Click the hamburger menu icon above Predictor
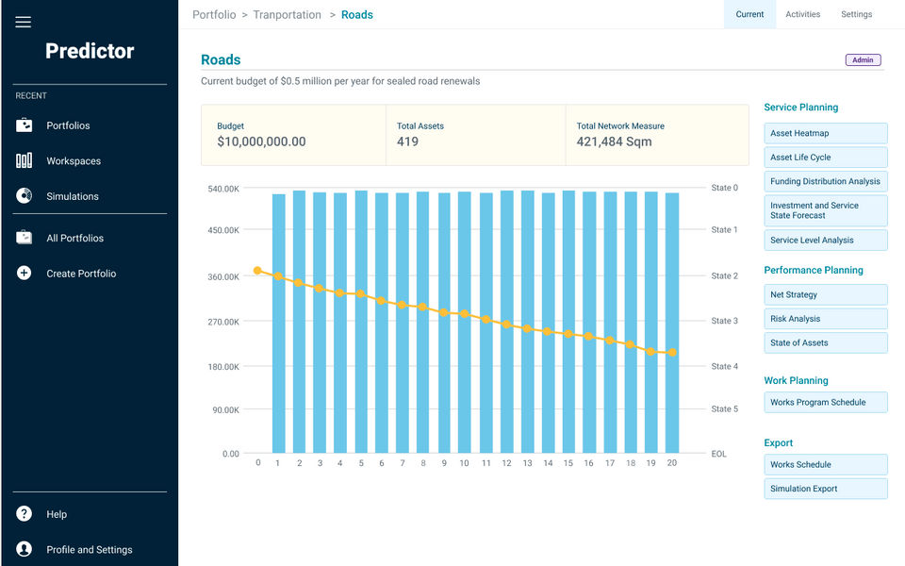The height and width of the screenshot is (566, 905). coord(24,22)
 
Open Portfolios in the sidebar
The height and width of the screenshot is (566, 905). coord(68,125)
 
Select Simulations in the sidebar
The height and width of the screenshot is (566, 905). coord(72,196)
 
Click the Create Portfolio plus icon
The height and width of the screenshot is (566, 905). coord(25,274)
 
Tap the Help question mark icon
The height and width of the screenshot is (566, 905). coord(25,514)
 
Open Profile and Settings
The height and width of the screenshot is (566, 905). coord(89,550)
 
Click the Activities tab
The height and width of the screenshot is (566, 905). coord(802,14)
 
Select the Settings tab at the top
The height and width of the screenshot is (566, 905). coord(856,14)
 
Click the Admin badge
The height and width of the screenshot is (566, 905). coord(863,60)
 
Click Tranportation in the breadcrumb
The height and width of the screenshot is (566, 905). coord(287,15)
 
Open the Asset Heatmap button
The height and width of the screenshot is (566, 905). coord(825,133)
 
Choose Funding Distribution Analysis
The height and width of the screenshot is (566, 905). coord(825,181)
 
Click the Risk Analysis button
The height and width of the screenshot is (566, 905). coord(825,319)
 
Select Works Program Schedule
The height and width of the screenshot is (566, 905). coord(825,403)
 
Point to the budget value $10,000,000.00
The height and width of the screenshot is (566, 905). coord(261,142)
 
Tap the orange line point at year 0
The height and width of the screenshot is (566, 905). coord(257,271)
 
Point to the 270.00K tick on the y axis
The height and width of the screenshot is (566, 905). coord(223,322)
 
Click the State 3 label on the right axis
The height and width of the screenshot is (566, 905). coord(724,321)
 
